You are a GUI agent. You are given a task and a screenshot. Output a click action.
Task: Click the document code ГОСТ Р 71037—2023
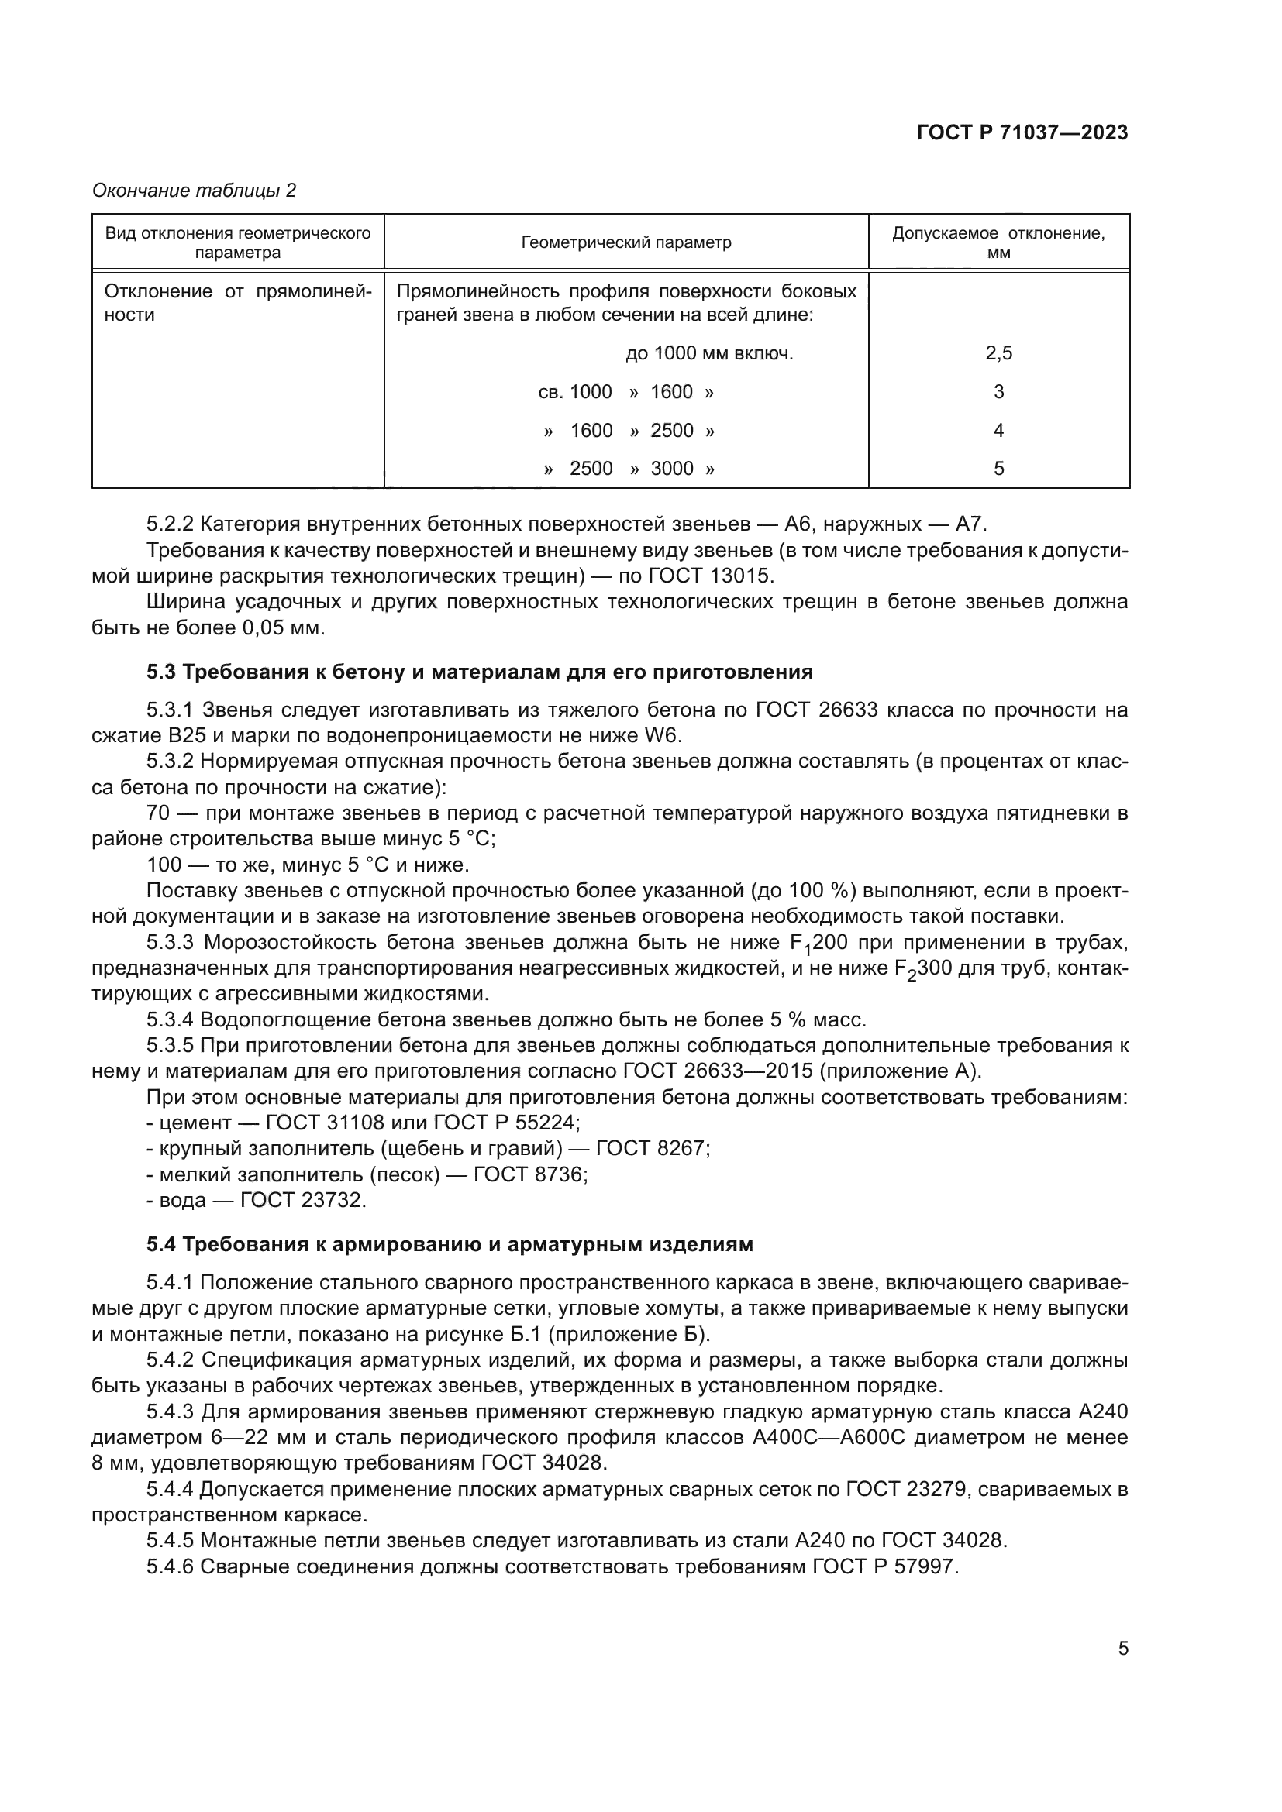(x=1022, y=133)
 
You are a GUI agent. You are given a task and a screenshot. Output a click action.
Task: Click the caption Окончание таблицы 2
(x=195, y=191)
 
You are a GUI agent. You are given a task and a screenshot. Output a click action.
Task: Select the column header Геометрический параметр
(x=626, y=242)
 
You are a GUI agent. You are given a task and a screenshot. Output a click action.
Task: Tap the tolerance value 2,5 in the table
(x=998, y=353)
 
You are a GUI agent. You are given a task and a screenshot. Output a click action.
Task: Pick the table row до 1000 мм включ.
(x=709, y=353)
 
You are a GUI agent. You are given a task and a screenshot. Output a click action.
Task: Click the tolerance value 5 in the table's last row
(x=998, y=469)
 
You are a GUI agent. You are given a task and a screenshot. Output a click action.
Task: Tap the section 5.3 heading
(x=479, y=672)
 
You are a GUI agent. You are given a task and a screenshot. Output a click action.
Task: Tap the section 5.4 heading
(x=450, y=1245)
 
